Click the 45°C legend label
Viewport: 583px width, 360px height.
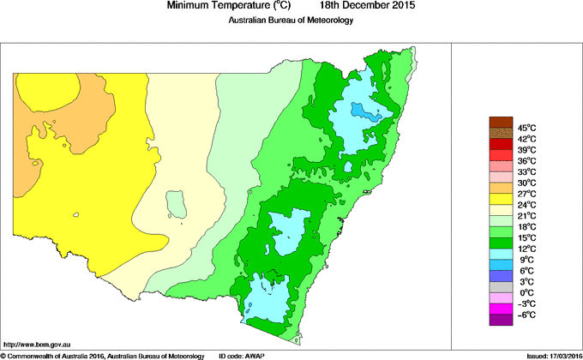pyautogui.click(x=526, y=128)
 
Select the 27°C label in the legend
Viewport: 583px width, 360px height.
pyautogui.click(x=526, y=194)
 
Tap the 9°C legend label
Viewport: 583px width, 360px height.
pyautogui.click(x=526, y=260)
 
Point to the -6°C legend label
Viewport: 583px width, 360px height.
pyautogui.click(x=526, y=315)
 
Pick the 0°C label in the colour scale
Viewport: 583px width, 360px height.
pyautogui.click(x=526, y=292)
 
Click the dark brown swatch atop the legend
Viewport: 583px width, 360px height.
pyautogui.click(x=501, y=122)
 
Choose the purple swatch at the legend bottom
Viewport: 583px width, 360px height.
pyautogui.click(x=501, y=320)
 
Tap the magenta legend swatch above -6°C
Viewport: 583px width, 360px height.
pyautogui.click(x=501, y=309)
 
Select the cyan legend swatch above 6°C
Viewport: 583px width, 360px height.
pyautogui.click(x=501, y=254)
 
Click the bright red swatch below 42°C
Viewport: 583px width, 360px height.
pyautogui.click(x=501, y=144)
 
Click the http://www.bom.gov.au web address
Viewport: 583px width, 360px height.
pyautogui.click(x=39, y=343)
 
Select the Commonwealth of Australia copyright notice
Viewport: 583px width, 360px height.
pyautogui.click(x=103, y=355)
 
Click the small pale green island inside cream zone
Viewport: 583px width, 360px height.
pyautogui.click(x=177, y=205)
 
